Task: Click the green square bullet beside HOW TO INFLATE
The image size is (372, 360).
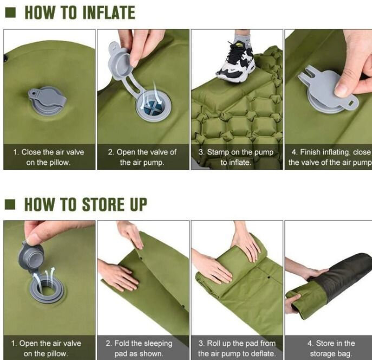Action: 10,13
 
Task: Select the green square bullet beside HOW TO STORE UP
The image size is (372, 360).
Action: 10,204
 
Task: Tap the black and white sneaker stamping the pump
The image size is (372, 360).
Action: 236,62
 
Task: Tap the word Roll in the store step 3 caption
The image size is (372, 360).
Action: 213,343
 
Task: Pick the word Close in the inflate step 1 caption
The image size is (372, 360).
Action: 31,152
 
